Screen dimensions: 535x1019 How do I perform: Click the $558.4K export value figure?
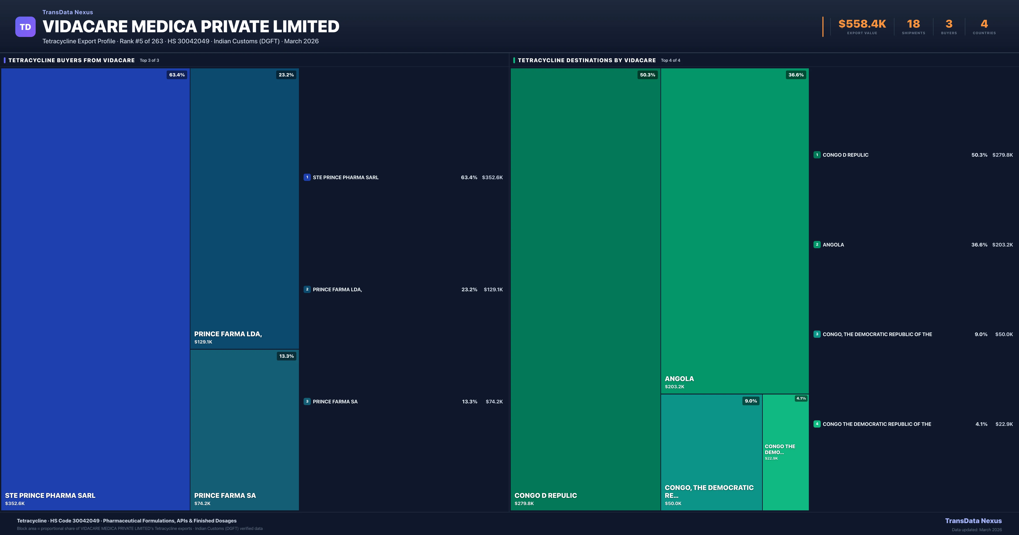click(x=862, y=24)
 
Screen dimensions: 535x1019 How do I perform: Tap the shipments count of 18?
click(x=913, y=24)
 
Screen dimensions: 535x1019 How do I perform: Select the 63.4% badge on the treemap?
click(x=177, y=75)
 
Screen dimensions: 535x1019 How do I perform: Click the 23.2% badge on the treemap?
click(x=286, y=75)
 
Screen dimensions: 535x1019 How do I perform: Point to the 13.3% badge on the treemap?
click(x=286, y=356)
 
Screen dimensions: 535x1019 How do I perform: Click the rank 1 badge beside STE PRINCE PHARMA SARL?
click(x=307, y=177)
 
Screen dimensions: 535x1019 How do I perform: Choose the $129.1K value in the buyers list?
click(x=493, y=290)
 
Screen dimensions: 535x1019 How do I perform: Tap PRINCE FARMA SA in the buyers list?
click(x=335, y=402)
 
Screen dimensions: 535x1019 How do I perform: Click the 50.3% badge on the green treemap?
click(x=647, y=75)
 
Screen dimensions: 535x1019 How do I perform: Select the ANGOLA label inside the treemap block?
click(x=679, y=379)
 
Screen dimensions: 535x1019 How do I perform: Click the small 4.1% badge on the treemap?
click(x=801, y=398)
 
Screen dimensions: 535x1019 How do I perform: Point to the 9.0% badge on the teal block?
click(x=750, y=401)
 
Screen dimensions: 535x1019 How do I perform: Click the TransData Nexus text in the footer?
click(x=973, y=521)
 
